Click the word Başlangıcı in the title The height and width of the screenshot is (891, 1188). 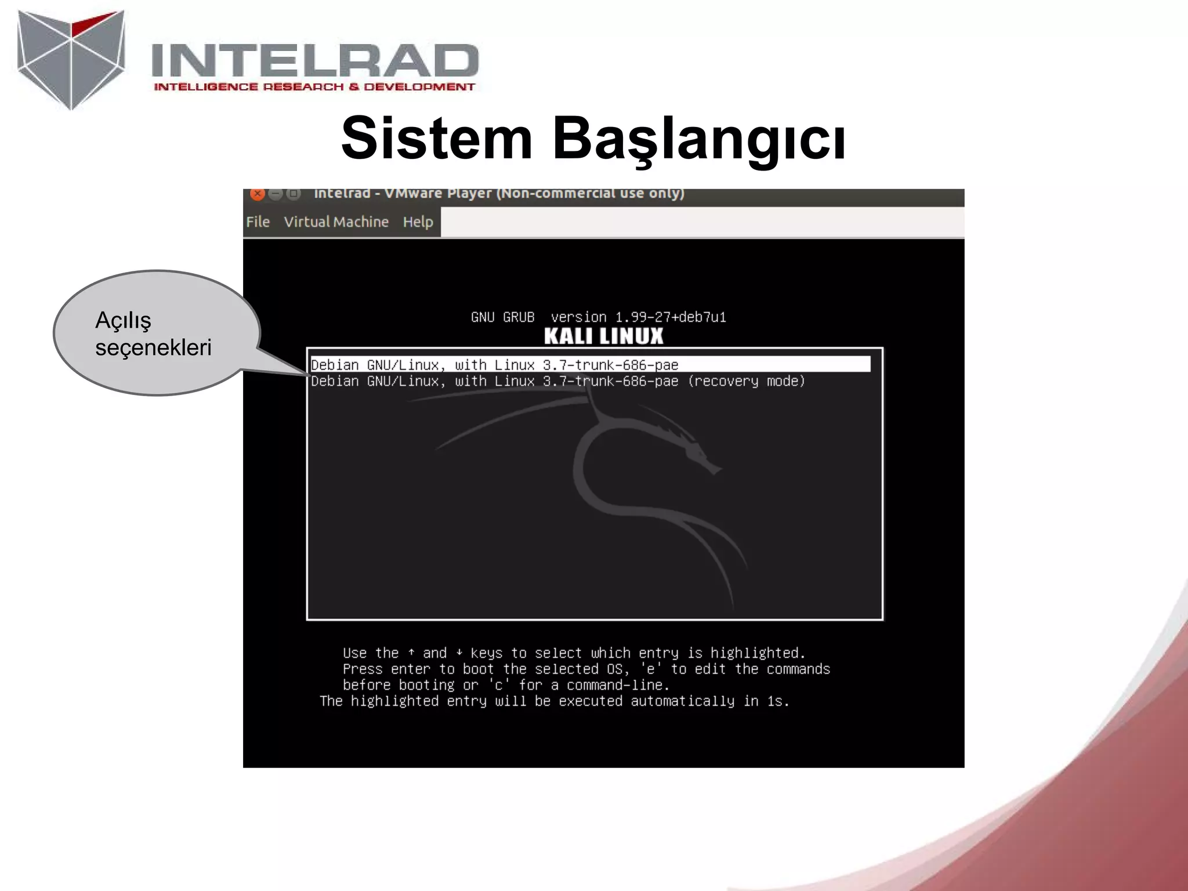pos(698,139)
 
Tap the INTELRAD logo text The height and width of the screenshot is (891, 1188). pos(314,60)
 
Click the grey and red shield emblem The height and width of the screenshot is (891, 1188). pos(71,58)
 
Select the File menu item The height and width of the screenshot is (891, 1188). pos(258,222)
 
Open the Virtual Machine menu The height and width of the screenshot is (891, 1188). pos(336,222)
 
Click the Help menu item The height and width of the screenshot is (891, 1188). pos(418,222)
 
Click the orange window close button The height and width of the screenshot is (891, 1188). pos(258,194)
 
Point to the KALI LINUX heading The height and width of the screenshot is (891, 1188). pos(603,336)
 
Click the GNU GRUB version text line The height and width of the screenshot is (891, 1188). pos(598,317)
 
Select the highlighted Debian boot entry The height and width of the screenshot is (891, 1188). pos(494,365)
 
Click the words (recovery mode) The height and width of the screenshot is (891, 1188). pos(746,381)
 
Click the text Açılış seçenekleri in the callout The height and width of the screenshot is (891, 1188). pos(153,334)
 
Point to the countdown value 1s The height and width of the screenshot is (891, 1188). pos(777,701)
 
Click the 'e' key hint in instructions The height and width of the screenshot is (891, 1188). pos(650,669)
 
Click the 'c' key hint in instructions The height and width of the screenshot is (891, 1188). pos(498,685)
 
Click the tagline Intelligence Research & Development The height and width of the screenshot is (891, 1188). pos(314,87)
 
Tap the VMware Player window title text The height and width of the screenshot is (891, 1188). pos(499,194)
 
